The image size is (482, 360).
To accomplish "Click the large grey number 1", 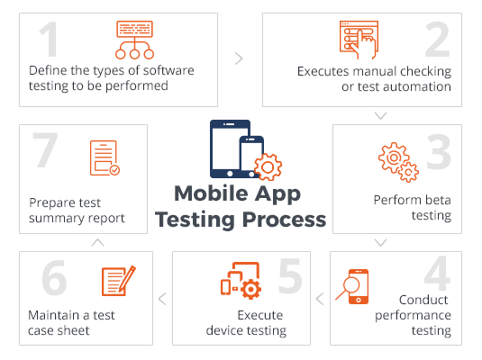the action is point(50,40).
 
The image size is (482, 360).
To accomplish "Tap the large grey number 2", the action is point(438,40).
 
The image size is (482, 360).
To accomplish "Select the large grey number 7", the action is point(45,150).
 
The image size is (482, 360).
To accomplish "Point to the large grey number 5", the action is point(290,275).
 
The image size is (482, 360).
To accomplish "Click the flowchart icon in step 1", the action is point(134,40).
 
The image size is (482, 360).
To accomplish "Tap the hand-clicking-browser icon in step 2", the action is point(359,40).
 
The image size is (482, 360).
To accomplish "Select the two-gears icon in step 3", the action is point(398,162).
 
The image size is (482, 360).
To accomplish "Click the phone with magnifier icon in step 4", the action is point(352,286).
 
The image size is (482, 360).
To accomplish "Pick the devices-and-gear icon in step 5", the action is point(241,281).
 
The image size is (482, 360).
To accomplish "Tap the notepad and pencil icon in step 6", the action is point(119,281).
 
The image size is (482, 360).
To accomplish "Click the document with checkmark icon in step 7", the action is point(105,157).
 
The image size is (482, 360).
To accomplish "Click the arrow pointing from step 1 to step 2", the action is point(239,58).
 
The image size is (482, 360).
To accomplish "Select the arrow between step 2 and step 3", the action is point(380,115).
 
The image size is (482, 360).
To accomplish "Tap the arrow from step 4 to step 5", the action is point(320,299).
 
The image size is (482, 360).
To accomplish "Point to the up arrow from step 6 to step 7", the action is point(98,243).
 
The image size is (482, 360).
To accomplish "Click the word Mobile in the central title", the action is point(211,193).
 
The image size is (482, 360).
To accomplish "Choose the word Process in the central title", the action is point(285,220).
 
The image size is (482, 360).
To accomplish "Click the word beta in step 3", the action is point(439,200).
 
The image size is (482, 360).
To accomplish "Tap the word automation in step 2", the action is point(417,87).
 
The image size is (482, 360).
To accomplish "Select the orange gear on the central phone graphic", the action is point(268,167).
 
